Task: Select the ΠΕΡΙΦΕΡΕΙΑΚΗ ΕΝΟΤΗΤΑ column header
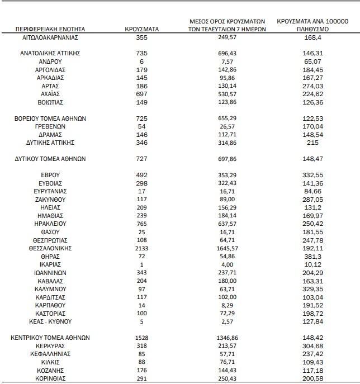(50, 29)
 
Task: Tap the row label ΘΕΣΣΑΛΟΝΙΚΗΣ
(50, 248)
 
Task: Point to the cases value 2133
(142, 248)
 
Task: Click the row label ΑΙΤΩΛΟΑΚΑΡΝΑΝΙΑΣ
(50, 37)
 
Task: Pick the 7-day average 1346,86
(227, 338)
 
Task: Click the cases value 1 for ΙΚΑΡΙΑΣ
(142, 264)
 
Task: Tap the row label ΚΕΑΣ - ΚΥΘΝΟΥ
(50, 322)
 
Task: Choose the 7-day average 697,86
(227, 159)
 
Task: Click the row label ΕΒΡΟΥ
(50, 175)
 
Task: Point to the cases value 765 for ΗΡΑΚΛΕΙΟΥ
(142, 223)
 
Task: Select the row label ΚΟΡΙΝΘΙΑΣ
(50, 378)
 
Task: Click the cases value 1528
(142, 338)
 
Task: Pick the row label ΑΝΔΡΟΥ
(50, 61)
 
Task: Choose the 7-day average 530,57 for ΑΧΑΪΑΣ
(227, 94)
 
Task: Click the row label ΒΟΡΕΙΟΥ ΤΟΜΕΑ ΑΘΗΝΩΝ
(50, 119)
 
